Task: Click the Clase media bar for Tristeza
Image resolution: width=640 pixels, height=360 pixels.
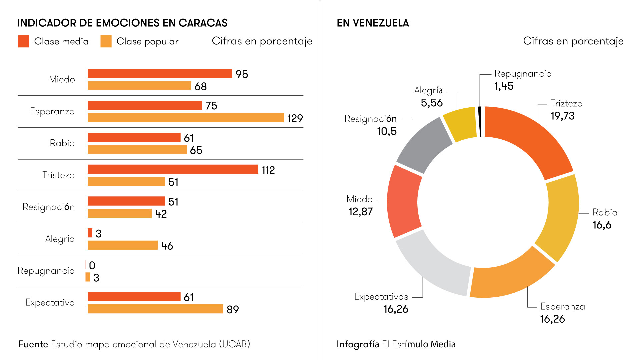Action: pyautogui.click(x=173, y=169)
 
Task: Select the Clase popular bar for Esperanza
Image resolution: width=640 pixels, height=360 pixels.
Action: pyautogui.click(x=186, y=118)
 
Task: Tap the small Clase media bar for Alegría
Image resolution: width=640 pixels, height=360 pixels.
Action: pyautogui.click(x=90, y=233)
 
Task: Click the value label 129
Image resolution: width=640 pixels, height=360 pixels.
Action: pyautogui.click(x=295, y=118)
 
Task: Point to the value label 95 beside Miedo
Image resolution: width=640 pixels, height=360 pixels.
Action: pyautogui.click(x=242, y=74)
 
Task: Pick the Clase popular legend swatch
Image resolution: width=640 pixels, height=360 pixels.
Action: pyautogui.click(x=106, y=41)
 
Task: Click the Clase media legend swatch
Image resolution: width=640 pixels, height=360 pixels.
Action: pyautogui.click(x=24, y=41)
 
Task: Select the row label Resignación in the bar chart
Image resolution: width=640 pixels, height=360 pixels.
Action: pyautogui.click(x=49, y=207)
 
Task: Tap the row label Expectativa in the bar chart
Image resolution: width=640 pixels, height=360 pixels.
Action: pyautogui.click(x=50, y=303)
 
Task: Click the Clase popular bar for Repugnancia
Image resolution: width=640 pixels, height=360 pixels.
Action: pyautogui.click(x=88, y=277)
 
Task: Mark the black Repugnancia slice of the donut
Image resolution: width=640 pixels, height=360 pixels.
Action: pyautogui.click(x=480, y=122)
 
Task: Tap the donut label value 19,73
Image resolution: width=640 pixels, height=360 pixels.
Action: pyautogui.click(x=562, y=116)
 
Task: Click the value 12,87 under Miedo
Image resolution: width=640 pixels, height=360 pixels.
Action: pyautogui.click(x=360, y=212)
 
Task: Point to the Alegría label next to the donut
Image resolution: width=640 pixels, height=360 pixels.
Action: pyautogui.click(x=428, y=90)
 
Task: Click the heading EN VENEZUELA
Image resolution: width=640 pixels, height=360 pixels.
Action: pyautogui.click(x=373, y=23)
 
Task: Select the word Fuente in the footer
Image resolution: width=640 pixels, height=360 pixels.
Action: pyautogui.click(x=33, y=344)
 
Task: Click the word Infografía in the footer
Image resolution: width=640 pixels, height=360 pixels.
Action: pyautogui.click(x=358, y=344)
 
